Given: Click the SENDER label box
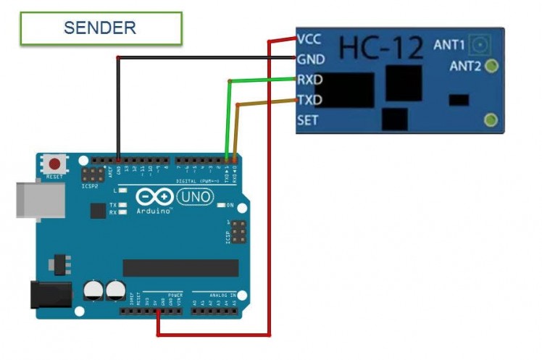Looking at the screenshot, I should click(101, 28).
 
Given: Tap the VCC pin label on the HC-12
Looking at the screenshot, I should click(309, 40).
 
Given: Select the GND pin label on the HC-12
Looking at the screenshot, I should click(309, 60).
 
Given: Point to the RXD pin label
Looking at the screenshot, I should click(309, 80).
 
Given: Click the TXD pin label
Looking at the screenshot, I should click(309, 100).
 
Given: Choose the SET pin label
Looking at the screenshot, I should click(307, 120).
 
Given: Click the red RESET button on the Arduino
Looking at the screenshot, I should click(53, 164).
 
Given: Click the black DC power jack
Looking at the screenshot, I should click(50, 295).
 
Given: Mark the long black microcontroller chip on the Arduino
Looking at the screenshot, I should click(180, 267).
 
